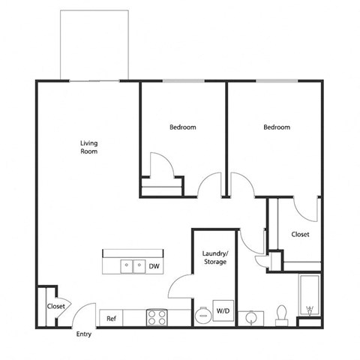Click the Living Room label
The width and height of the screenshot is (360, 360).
(x=89, y=147)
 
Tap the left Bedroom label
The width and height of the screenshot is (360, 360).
(x=182, y=127)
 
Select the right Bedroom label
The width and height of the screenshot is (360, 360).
(x=276, y=127)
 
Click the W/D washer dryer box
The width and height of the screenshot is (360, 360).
(x=223, y=311)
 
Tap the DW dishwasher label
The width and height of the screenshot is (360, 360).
(x=154, y=265)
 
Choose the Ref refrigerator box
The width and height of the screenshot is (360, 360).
(x=111, y=319)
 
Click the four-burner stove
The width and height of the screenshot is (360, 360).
(x=157, y=318)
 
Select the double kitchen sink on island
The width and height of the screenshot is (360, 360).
(x=133, y=265)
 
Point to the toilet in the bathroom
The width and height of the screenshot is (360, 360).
(x=283, y=313)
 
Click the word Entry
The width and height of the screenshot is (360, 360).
(x=84, y=334)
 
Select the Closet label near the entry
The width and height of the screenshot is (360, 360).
(x=55, y=306)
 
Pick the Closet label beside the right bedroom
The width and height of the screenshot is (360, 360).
(x=300, y=235)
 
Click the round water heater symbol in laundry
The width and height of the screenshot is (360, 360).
(x=202, y=315)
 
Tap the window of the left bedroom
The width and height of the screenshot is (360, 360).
(x=182, y=80)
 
